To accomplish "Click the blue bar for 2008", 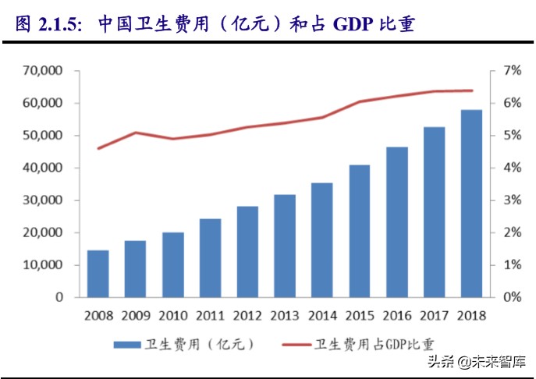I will pos(98,274).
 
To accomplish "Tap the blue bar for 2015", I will pos(359,231).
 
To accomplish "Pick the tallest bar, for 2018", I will pos(470,204).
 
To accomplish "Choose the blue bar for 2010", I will pos(173,264).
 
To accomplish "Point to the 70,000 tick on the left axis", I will pos(45,71).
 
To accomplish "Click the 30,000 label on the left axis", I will pos(45,200).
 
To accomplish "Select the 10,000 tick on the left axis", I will pos(45,265).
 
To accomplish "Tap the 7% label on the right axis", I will pos(511,71).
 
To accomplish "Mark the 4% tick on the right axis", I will pos(511,168).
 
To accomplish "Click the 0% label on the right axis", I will pos(511,297).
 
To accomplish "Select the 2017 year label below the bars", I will pos(433,316).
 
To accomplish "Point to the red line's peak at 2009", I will pos(136,133).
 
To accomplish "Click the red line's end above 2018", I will pos(470,90).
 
